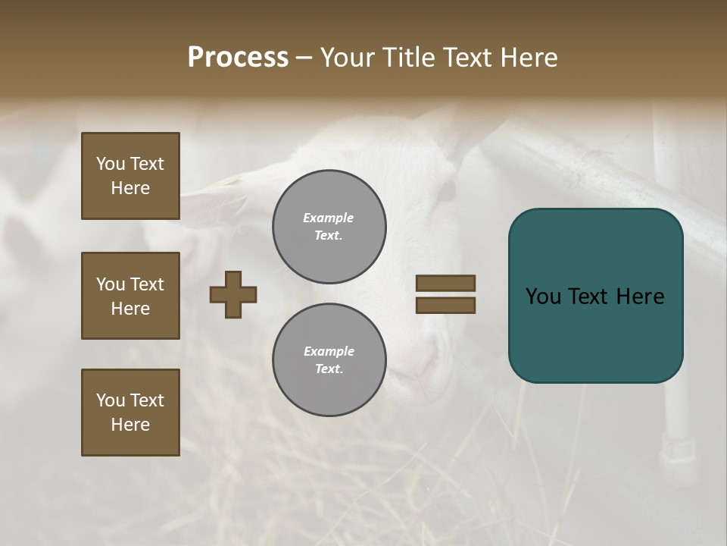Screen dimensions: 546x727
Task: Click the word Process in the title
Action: tap(238, 58)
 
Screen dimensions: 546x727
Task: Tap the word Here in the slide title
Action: tap(526, 58)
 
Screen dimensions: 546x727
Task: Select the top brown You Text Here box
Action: tap(130, 176)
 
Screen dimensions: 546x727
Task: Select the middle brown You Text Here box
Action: tap(130, 296)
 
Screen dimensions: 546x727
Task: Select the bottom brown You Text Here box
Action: tap(130, 413)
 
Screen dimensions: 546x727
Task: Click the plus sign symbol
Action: tap(233, 294)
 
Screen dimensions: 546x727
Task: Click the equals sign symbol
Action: tap(445, 294)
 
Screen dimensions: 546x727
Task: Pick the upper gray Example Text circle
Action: tap(329, 227)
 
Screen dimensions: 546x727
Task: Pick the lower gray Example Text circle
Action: tap(329, 360)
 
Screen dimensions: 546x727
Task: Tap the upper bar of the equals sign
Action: tap(445, 283)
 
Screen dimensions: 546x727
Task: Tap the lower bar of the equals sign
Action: tap(445, 306)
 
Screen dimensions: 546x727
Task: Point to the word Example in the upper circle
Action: tap(328, 218)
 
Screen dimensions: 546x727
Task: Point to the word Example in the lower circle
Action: tap(329, 351)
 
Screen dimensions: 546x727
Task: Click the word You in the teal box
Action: tap(543, 297)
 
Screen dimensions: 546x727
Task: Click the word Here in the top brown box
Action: tap(130, 188)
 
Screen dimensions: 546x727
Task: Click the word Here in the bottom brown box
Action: tap(130, 425)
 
